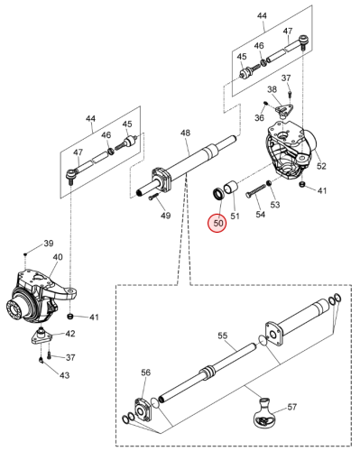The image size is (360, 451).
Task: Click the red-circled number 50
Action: tap(218, 223)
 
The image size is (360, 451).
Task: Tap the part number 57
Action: tap(291, 407)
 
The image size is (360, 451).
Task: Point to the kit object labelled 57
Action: tap(265, 412)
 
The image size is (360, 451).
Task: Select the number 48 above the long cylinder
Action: tap(185, 133)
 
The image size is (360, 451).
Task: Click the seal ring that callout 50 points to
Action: tap(218, 194)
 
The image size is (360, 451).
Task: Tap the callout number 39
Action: tap(49, 243)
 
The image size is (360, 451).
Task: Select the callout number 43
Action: tap(64, 375)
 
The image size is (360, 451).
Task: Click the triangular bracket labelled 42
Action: tap(42, 336)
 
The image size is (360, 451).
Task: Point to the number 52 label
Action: tap(321, 166)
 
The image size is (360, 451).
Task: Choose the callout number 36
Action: tap(259, 117)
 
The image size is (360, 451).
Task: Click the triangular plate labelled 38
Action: tap(283, 109)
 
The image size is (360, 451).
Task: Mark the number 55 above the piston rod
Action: tap(223, 336)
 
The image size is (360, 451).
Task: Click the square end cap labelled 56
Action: tap(143, 409)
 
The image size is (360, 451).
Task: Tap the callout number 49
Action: tap(165, 216)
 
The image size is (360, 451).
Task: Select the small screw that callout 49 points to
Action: tap(153, 197)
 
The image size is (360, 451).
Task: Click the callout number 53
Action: tap(274, 205)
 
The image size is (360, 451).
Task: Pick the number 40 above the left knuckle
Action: tap(58, 257)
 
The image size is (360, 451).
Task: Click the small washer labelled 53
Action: tap(270, 183)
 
